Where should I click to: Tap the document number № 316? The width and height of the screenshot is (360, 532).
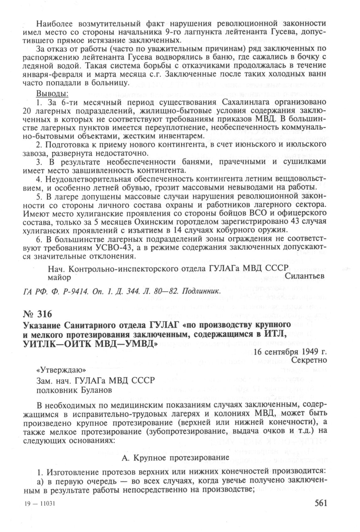(37, 314)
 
